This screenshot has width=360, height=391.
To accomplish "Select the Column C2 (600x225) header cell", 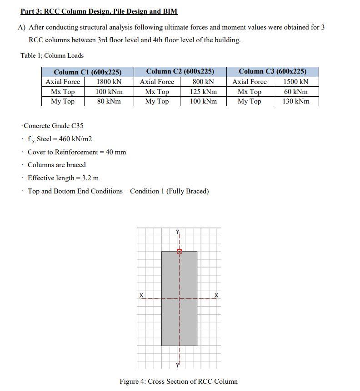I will point(180,71).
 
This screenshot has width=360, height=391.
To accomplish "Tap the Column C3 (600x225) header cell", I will point(272,71).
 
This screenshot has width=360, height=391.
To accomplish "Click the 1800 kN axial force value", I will point(109,82).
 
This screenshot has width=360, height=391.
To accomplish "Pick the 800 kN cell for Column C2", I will point(203,82).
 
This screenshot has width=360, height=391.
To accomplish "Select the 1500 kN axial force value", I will point(295,82).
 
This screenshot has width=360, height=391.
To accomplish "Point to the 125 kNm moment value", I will point(203,92).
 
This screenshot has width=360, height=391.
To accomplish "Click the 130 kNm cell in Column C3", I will point(295,101).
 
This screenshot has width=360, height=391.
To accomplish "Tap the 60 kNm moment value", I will point(295,92).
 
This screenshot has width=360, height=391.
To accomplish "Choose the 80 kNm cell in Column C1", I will point(109,101).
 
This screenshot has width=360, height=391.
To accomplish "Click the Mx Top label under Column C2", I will point(157,92).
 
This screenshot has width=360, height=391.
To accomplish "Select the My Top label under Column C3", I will point(249,101).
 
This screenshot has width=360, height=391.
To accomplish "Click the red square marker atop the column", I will point(179,251).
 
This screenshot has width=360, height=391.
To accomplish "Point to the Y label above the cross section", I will point(178,233).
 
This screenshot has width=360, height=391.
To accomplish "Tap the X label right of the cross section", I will point(216,296).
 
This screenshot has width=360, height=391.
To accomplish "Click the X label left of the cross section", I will point(142,296).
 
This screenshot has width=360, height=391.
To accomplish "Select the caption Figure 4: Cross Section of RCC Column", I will point(178,381).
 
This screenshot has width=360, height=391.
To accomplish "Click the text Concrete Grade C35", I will point(53,126).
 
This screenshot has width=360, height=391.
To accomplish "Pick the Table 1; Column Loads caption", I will point(52,55).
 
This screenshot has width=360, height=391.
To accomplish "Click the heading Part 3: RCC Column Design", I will point(99,11).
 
